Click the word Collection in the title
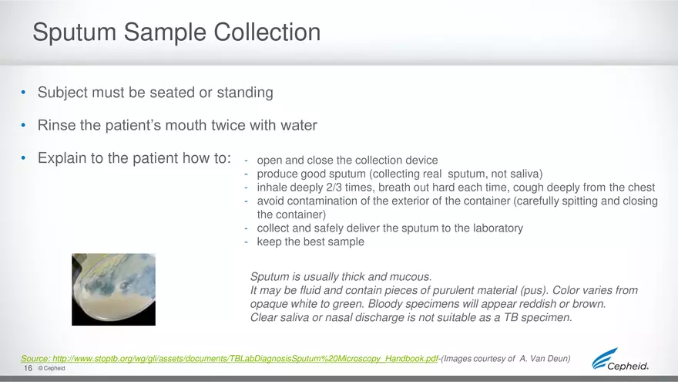[x=267, y=32]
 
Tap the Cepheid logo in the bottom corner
[x=620, y=360]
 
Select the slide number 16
[x=28, y=368]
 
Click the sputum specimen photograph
[x=114, y=289]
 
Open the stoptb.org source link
[x=229, y=359]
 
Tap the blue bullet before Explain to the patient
[x=23, y=158]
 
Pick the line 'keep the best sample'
[x=310, y=242]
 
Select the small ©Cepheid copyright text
[x=52, y=368]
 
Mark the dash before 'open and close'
[x=246, y=161]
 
